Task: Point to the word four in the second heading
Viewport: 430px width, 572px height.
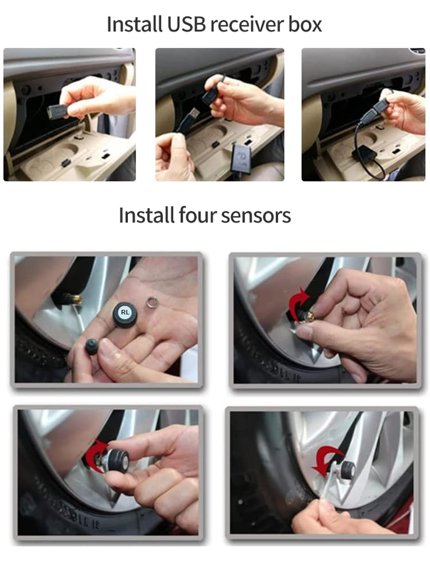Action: (x=196, y=216)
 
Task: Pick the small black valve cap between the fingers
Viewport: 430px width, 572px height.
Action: (x=92, y=346)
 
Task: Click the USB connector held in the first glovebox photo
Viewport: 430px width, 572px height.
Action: (x=56, y=112)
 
